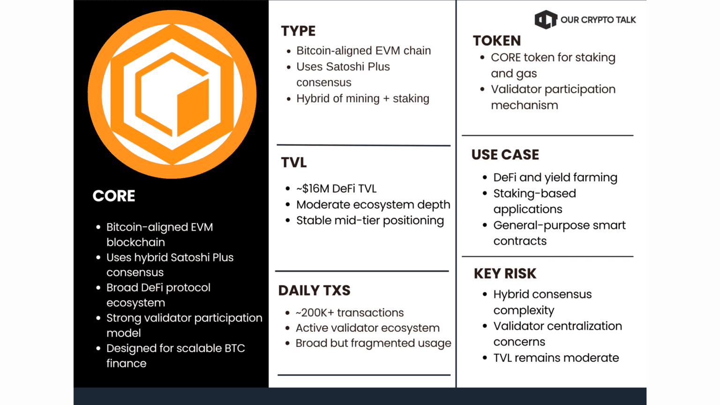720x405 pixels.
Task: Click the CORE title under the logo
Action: click(x=114, y=196)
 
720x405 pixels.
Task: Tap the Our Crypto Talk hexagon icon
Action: click(x=546, y=20)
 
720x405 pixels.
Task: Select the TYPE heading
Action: click(x=298, y=31)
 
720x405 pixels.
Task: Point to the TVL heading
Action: click(x=294, y=163)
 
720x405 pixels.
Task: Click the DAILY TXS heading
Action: click(x=314, y=291)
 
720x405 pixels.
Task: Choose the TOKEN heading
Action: click(x=497, y=41)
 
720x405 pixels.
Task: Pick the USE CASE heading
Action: click(x=505, y=155)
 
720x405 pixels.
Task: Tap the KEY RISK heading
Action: click(x=505, y=274)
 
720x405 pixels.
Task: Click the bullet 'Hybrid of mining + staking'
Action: click(x=363, y=98)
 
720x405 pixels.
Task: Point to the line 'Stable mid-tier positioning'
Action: click(x=370, y=221)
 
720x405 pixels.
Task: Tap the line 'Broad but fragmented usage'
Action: click(x=373, y=343)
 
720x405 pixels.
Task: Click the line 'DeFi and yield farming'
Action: click(x=555, y=178)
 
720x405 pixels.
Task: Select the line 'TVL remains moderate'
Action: click(x=556, y=358)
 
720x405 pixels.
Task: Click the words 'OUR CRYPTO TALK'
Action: click(x=598, y=20)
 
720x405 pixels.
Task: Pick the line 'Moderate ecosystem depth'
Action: click(x=373, y=205)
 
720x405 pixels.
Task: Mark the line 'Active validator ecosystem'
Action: click(x=367, y=328)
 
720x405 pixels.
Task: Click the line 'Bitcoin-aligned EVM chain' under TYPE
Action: click(x=363, y=51)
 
